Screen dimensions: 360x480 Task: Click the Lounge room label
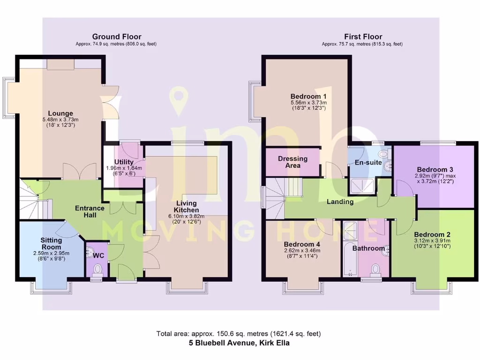click(x=60, y=113)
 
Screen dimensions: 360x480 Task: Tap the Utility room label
click(x=124, y=162)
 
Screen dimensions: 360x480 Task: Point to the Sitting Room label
click(x=51, y=243)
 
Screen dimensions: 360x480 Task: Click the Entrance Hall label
click(x=90, y=211)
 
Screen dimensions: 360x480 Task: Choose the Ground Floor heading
click(x=116, y=37)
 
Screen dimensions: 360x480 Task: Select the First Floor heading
click(x=363, y=37)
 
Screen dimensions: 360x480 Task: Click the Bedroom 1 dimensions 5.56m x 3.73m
click(x=308, y=103)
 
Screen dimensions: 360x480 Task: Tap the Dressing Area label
click(x=292, y=162)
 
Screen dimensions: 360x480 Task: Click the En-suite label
click(x=367, y=163)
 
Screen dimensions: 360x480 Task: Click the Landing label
click(x=340, y=202)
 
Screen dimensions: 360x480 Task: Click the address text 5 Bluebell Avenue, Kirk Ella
click(x=239, y=343)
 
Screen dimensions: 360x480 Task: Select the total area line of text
click(x=239, y=334)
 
